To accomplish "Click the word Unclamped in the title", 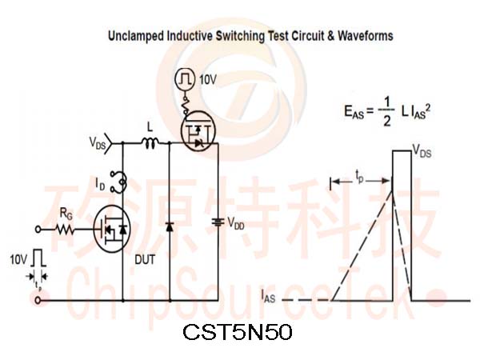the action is coord(136,36).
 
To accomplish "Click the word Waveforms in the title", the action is coord(366,35).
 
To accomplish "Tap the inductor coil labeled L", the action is coord(150,143).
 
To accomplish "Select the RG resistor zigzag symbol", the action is coord(65,230).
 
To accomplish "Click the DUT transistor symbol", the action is coord(112,229).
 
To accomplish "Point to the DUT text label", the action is coord(145,259).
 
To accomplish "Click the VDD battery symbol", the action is coord(218,222).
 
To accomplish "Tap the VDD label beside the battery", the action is coord(236,223).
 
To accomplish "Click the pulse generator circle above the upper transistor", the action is coord(185,79).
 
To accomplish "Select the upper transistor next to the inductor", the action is coord(198,131).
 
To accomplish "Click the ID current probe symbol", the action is coord(119,182).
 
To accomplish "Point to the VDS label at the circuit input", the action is coord(97,143).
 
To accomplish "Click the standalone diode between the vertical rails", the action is coord(170,227).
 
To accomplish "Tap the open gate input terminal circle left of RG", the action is coord(38,229).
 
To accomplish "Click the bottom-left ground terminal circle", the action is coord(38,300).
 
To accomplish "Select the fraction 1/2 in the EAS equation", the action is coord(387,111).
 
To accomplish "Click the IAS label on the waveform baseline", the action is coord(268,296).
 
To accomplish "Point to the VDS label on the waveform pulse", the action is coord(422,151).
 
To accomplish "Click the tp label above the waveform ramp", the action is coord(359,177).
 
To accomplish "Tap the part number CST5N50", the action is coord(238,332).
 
